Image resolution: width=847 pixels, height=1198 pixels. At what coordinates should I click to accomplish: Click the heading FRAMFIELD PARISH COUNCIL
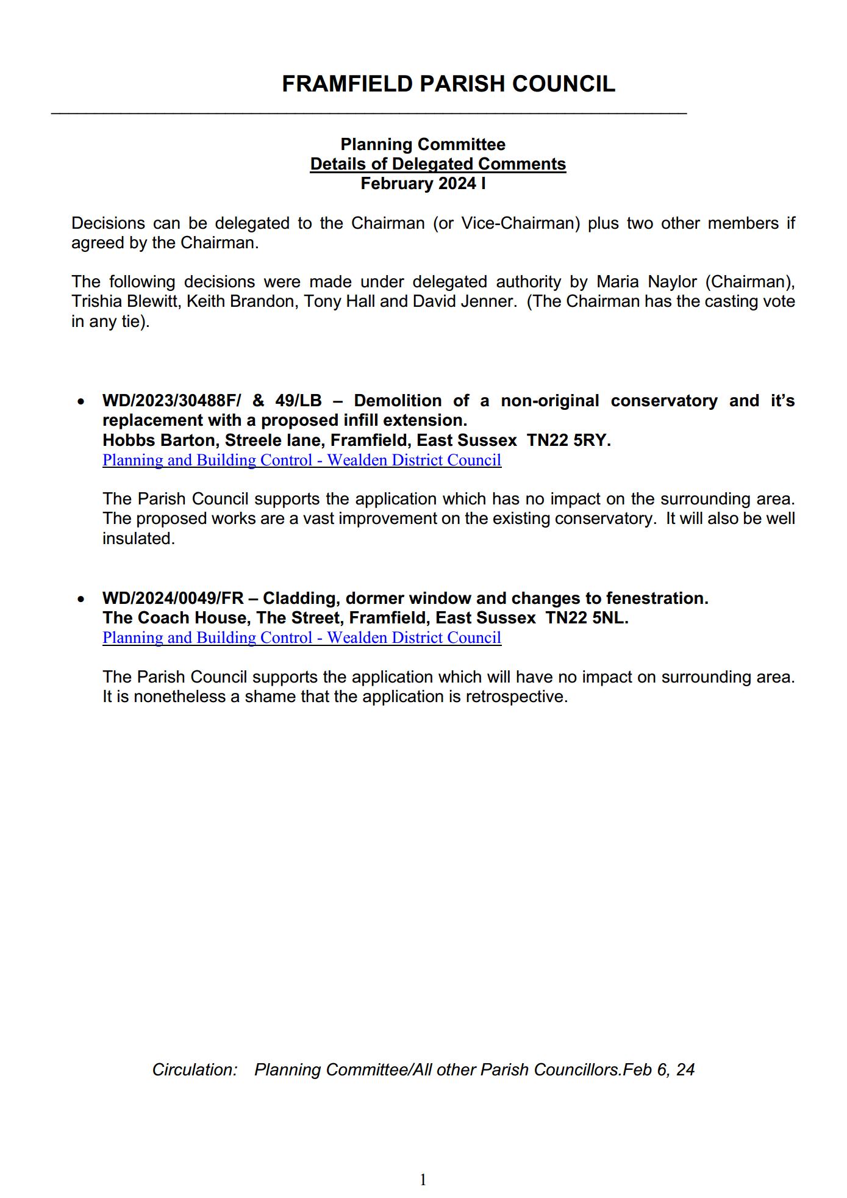pyautogui.click(x=448, y=84)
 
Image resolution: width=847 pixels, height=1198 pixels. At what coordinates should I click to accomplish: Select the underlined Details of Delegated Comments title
pyautogui.click(x=438, y=164)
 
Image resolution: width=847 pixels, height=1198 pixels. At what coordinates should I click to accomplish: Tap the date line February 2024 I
pyautogui.click(x=423, y=184)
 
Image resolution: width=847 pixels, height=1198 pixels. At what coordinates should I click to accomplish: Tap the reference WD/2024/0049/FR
pyautogui.click(x=173, y=598)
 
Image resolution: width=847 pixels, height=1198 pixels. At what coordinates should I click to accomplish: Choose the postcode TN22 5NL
pyautogui.click(x=587, y=618)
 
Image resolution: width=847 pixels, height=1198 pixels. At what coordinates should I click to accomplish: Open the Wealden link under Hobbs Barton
pyautogui.click(x=302, y=460)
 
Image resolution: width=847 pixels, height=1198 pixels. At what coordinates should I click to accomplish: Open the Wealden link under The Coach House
pyautogui.click(x=302, y=637)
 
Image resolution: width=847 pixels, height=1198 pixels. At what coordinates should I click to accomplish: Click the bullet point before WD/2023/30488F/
pyautogui.click(x=80, y=402)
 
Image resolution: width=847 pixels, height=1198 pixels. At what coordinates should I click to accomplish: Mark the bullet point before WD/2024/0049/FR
pyautogui.click(x=80, y=600)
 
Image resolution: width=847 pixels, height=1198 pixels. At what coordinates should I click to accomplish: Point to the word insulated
pyautogui.click(x=138, y=539)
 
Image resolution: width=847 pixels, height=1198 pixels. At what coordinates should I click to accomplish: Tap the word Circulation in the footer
pyautogui.click(x=195, y=1069)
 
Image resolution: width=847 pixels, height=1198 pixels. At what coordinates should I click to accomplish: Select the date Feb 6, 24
pyautogui.click(x=659, y=1069)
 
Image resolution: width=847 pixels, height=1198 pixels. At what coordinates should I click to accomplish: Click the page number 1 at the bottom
pyautogui.click(x=423, y=1180)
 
